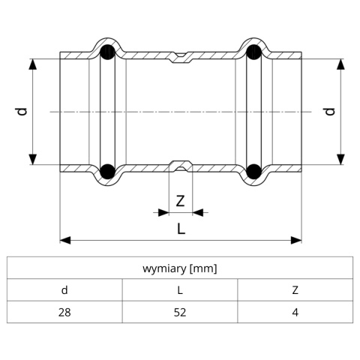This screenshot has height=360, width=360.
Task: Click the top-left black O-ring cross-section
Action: (107, 52)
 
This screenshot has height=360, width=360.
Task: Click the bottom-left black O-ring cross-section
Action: (107, 172)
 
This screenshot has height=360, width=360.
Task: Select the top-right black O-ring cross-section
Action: (253, 52)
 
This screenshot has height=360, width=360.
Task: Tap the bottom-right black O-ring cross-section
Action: (253, 172)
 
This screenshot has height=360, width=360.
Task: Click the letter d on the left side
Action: (22, 112)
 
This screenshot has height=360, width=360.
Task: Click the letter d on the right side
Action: (330, 112)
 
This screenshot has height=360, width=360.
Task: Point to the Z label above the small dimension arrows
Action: (180, 201)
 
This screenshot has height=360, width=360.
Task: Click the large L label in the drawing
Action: (181, 229)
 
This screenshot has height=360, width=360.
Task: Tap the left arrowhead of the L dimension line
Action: (65, 241)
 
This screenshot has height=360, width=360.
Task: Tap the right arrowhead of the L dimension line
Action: (296, 241)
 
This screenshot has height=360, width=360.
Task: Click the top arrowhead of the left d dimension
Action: (33, 64)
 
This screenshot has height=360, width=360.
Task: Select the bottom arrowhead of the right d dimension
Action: (340, 159)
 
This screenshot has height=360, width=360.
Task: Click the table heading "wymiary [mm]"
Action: (180, 268)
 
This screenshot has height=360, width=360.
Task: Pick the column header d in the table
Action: (64, 290)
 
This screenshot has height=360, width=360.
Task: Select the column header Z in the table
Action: (295, 290)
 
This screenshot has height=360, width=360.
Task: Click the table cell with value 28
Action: (64, 312)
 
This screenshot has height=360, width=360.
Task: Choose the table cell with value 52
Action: (180, 312)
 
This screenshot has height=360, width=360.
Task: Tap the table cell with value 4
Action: (295, 312)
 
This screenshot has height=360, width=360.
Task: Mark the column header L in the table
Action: (180, 290)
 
